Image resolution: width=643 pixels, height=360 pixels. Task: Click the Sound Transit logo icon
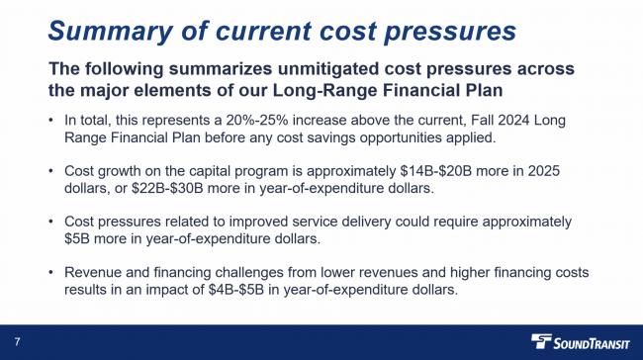pyautogui.click(x=543, y=342)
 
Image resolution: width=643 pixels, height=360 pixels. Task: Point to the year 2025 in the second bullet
pyautogui.click(x=539, y=171)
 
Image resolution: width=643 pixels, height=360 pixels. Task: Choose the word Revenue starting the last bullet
pyautogui.click(x=95, y=273)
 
